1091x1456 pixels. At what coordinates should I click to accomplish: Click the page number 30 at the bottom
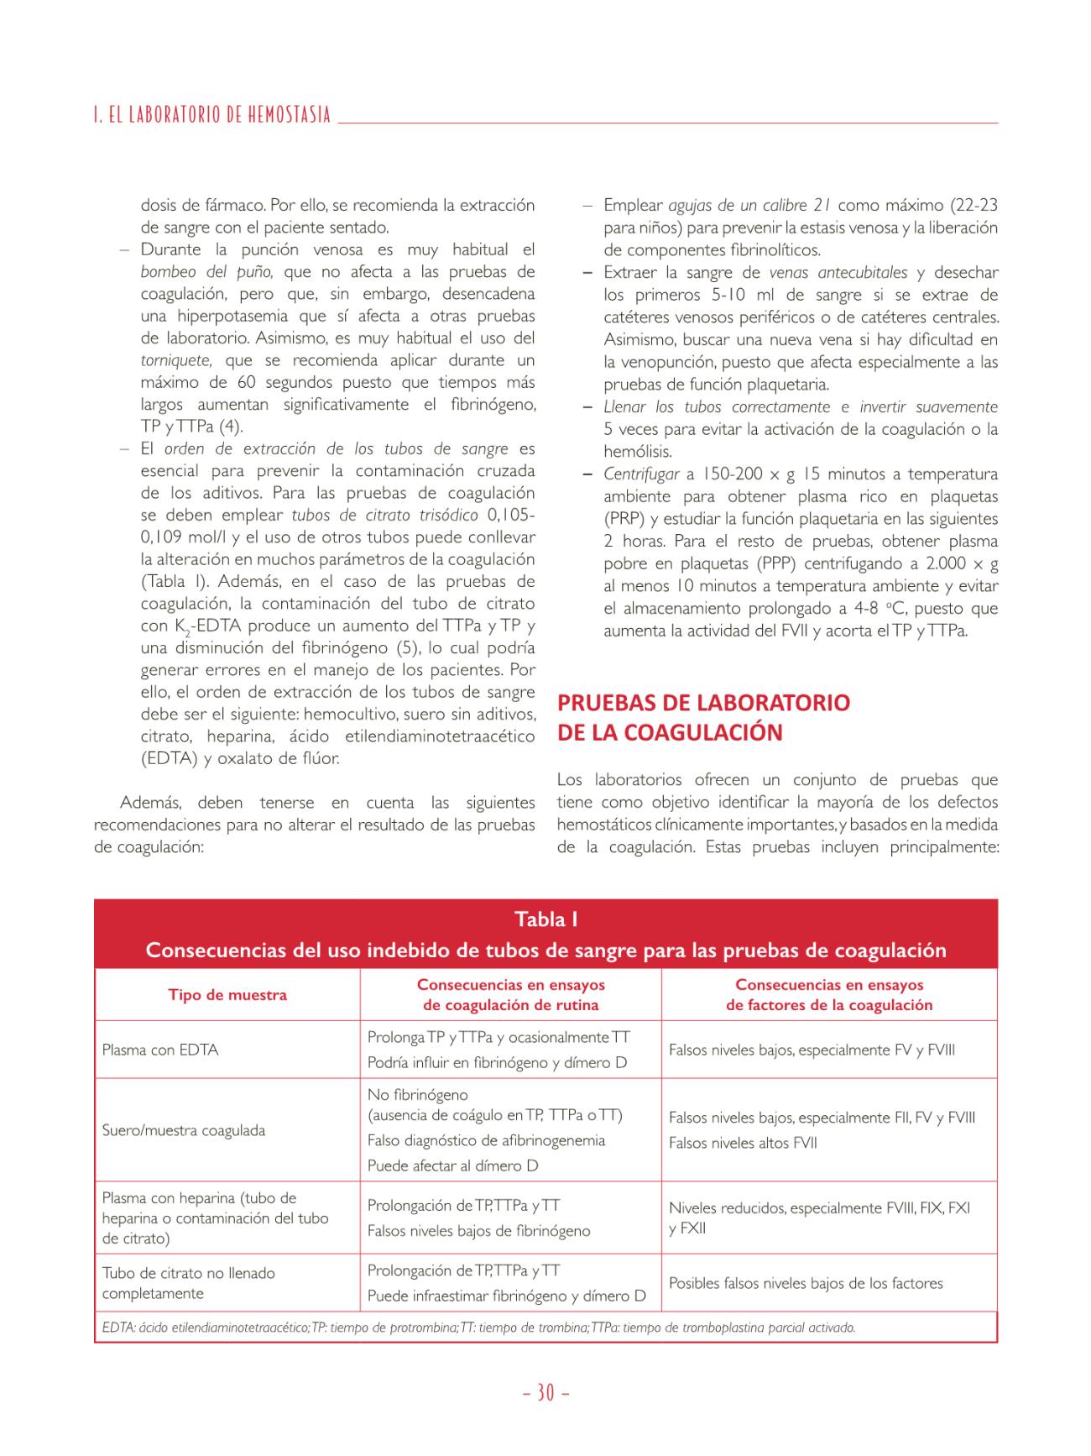click(545, 1393)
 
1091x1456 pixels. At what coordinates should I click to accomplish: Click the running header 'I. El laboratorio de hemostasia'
click(212, 115)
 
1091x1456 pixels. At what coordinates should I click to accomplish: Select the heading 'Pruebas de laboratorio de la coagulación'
click(703, 717)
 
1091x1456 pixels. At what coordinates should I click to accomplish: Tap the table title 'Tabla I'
click(545, 919)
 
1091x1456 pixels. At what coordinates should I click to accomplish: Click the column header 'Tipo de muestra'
click(227, 995)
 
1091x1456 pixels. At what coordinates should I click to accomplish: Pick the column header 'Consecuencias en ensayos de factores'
click(829, 995)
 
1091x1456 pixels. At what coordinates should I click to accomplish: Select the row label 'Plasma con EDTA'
click(160, 1050)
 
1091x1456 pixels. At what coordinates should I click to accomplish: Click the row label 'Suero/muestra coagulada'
click(184, 1130)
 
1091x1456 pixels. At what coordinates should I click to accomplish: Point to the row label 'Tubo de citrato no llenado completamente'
click(189, 1283)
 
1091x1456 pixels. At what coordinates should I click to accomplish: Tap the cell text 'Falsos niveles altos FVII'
click(743, 1143)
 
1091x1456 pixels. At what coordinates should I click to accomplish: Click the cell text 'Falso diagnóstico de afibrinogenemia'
click(486, 1140)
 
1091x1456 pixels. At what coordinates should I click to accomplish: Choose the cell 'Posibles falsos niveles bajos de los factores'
click(806, 1283)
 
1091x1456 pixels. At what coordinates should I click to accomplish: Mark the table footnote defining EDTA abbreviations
click(478, 1328)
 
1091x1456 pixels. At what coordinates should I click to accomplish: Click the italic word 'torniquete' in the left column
click(175, 360)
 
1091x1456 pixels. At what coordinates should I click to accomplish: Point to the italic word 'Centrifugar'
click(642, 474)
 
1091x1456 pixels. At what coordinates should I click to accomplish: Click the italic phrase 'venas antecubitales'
click(838, 273)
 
